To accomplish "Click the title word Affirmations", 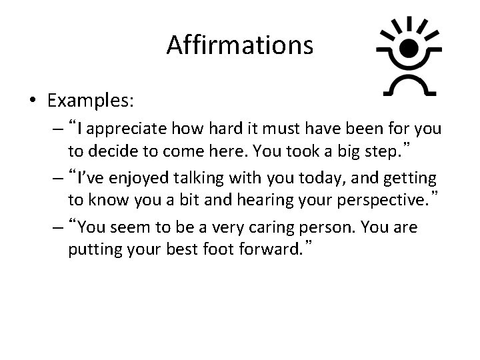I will [x=239, y=45].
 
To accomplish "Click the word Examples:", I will [x=91, y=101].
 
